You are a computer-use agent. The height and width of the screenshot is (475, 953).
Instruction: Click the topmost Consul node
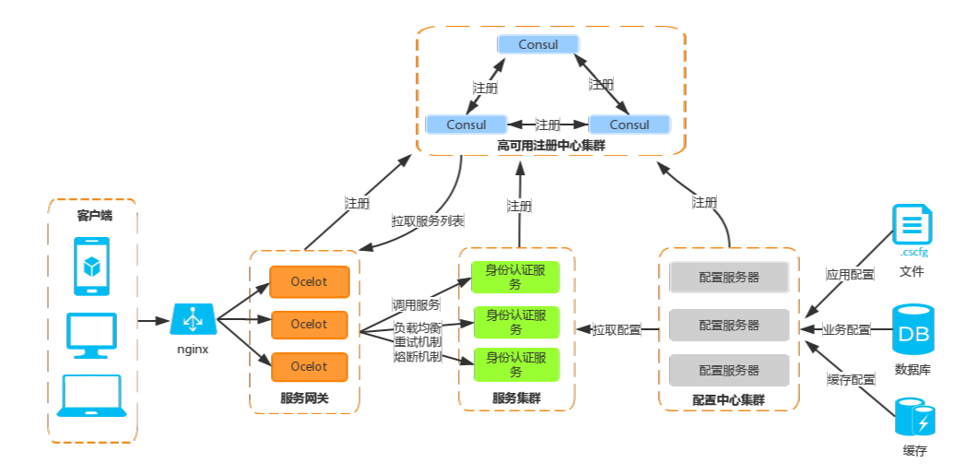538,44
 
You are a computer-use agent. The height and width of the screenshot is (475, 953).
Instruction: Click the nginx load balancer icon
194,320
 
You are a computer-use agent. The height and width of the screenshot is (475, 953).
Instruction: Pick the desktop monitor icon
92,334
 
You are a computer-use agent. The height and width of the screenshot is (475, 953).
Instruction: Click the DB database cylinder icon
913,331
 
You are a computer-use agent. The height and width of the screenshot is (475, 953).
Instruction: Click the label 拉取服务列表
428,221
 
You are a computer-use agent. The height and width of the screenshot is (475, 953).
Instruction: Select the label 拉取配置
617,329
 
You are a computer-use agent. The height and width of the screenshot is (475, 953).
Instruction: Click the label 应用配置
850,274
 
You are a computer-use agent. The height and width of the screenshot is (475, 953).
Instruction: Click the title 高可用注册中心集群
551,146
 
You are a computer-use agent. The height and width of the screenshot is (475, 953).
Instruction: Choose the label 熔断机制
418,357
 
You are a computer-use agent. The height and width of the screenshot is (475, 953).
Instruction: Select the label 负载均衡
418,327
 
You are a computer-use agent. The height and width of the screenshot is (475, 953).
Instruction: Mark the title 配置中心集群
728,400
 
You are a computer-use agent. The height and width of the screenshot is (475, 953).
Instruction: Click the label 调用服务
417,304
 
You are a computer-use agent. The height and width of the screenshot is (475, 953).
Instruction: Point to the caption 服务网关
304,399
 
